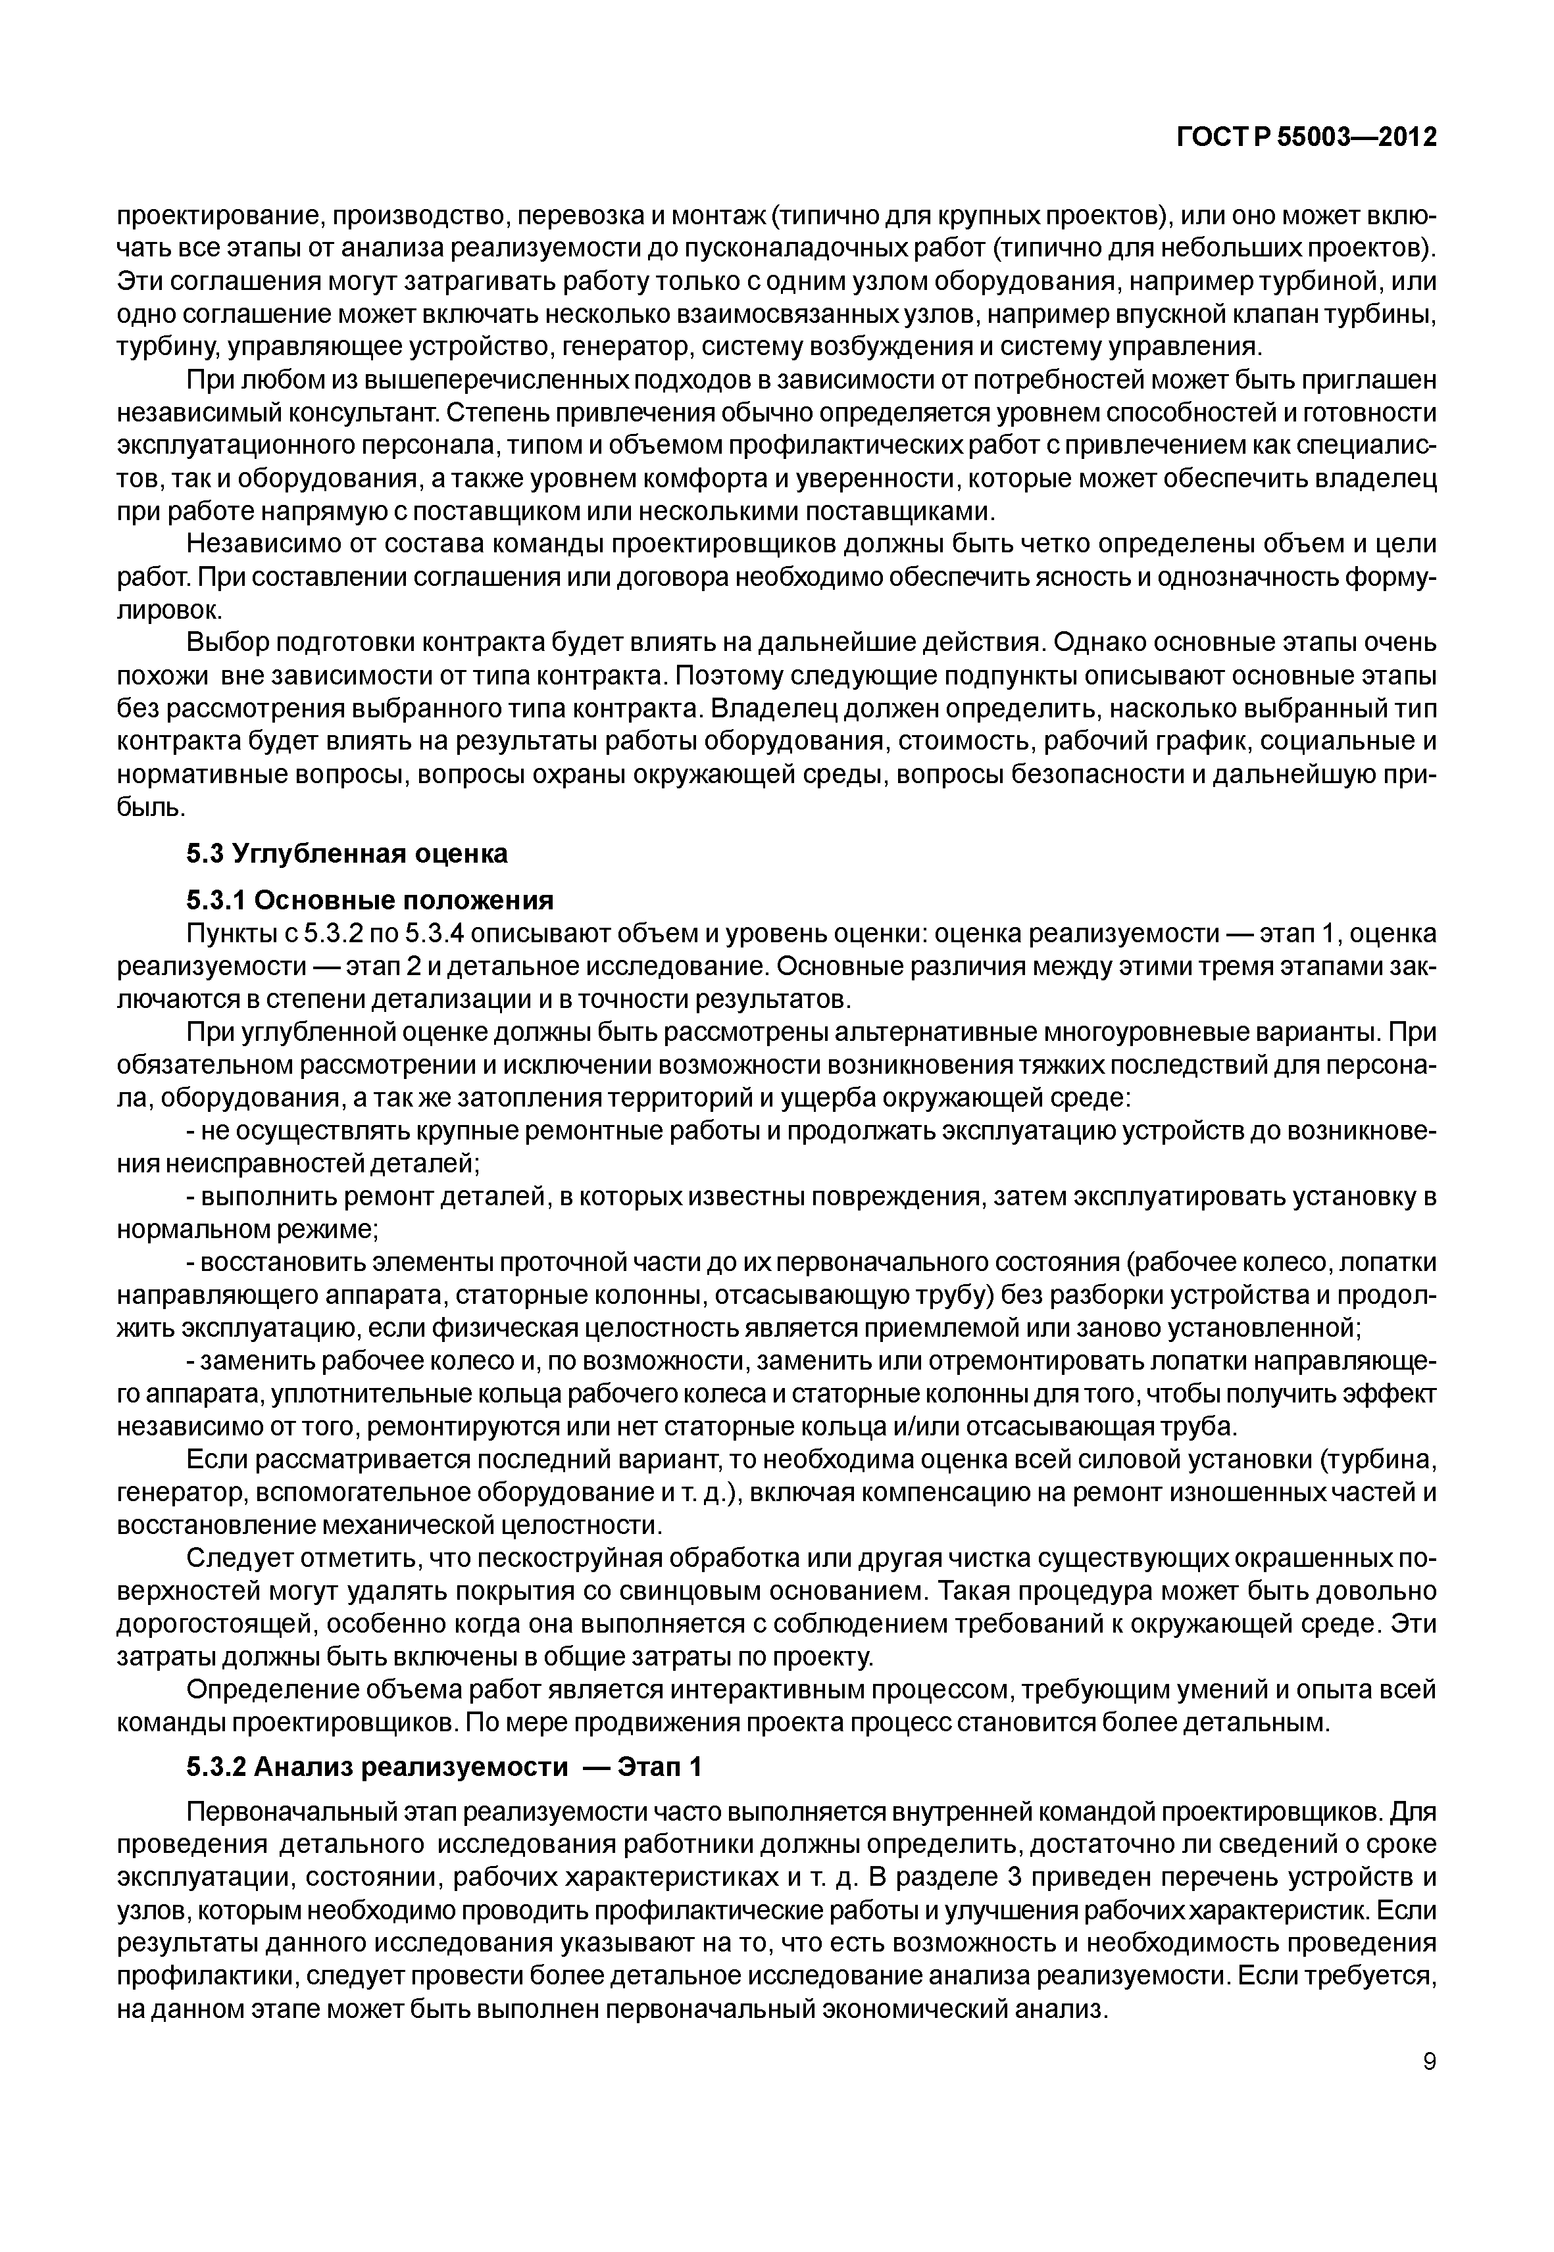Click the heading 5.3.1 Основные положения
click(x=370, y=899)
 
